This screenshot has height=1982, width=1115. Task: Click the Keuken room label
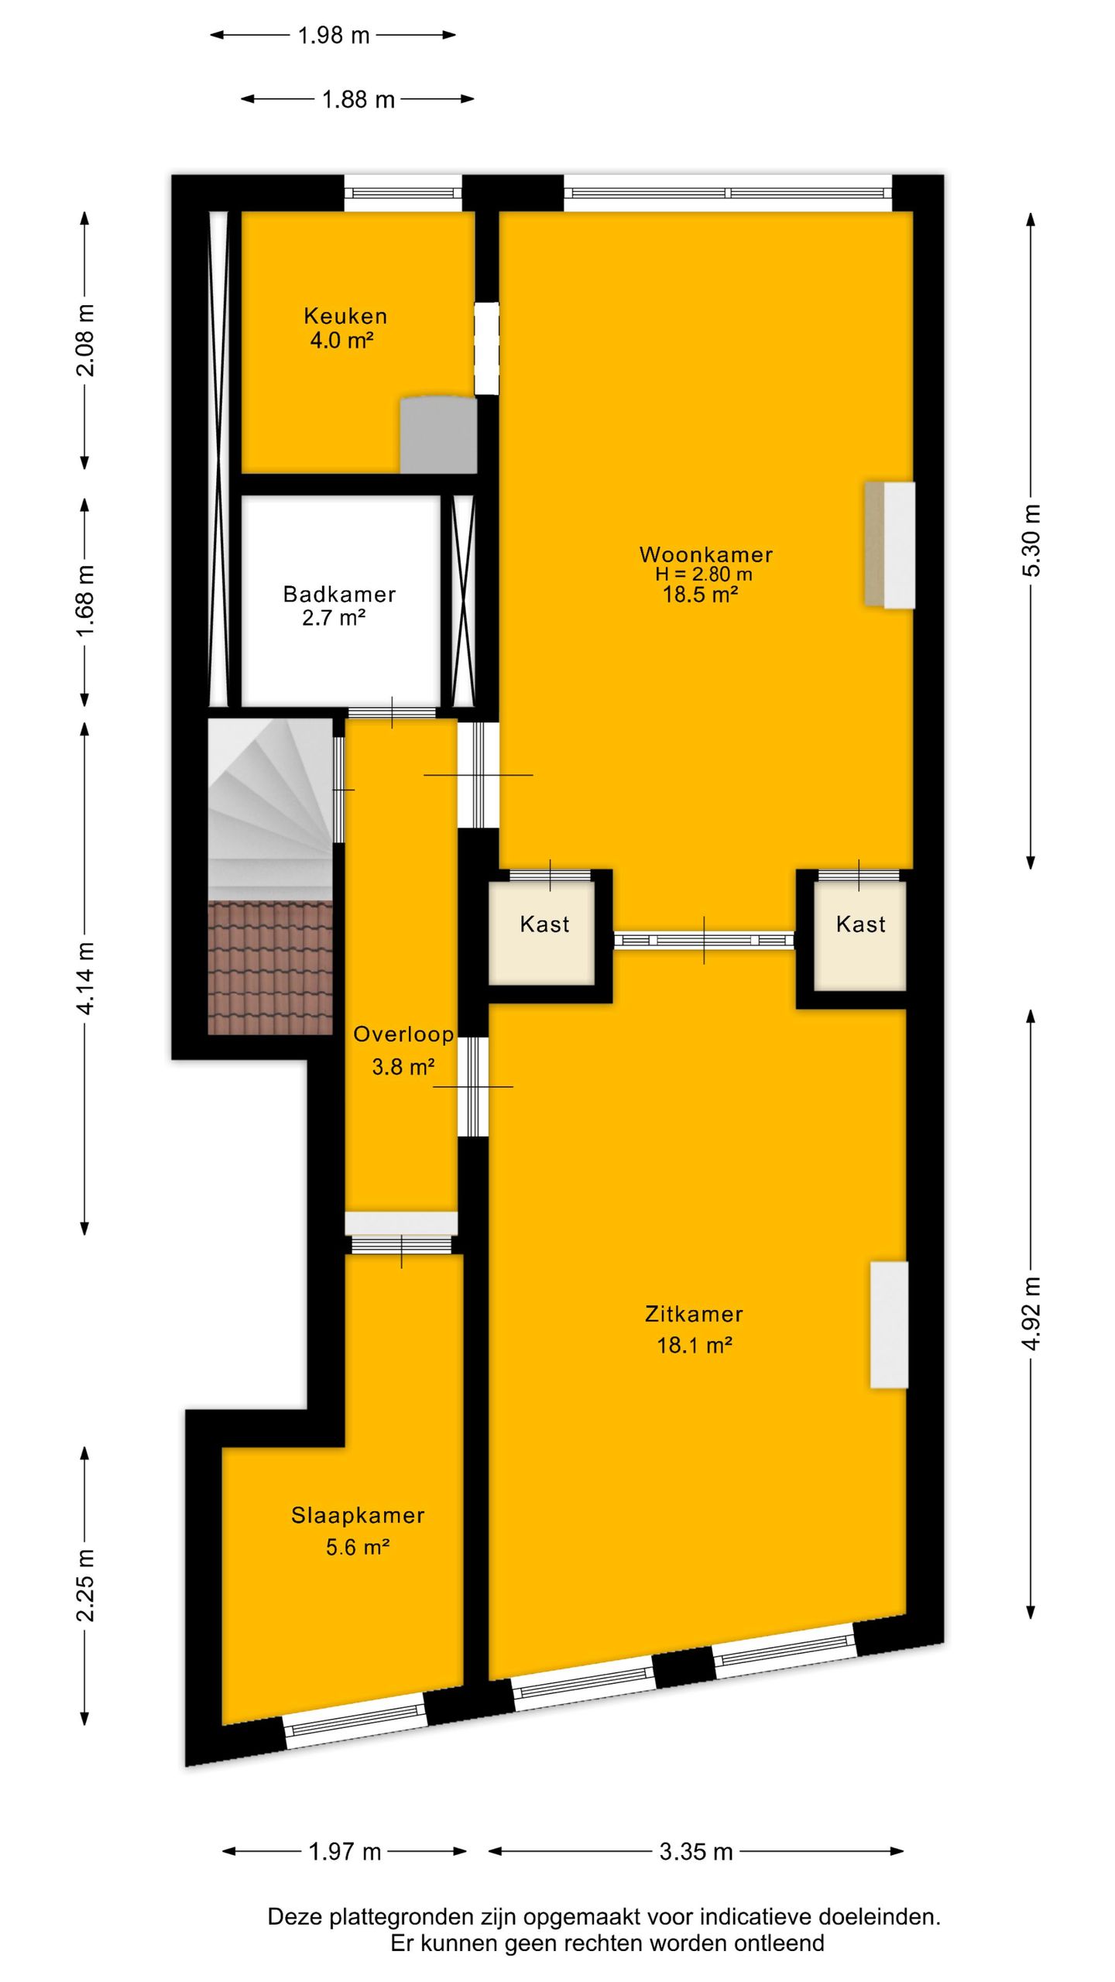click(x=345, y=316)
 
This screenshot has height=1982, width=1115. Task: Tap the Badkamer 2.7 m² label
click(x=339, y=605)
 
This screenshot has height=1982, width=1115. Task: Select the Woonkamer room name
click(x=706, y=554)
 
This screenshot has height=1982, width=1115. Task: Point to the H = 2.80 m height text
click(x=704, y=574)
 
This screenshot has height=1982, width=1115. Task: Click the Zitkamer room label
click(x=694, y=1313)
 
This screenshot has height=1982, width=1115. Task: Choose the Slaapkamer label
click(x=358, y=1515)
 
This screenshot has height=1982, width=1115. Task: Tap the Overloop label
click(x=403, y=1034)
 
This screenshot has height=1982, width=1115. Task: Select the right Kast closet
click(x=859, y=935)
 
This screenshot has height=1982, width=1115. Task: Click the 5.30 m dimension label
click(x=1031, y=540)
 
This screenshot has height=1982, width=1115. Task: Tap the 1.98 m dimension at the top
click(x=334, y=36)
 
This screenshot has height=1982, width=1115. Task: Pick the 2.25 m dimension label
click(x=85, y=1585)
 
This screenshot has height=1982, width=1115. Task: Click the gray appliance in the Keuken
click(x=438, y=434)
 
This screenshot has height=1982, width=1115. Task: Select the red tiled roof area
click(x=270, y=968)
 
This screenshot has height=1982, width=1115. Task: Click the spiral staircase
click(x=270, y=810)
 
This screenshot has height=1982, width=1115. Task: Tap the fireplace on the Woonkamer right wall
click(x=890, y=544)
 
